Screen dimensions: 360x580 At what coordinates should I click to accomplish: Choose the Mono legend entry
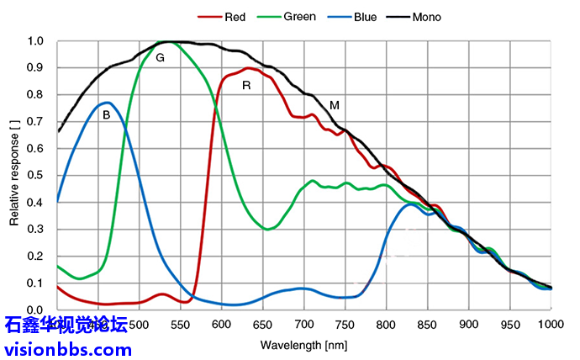tap(426, 16)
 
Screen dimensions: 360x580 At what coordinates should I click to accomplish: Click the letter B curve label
tap(107, 115)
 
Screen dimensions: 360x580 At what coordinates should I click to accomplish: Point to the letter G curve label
tap(160, 57)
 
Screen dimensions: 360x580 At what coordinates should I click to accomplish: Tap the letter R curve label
tap(246, 85)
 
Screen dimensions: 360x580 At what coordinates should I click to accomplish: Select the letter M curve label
tap(335, 105)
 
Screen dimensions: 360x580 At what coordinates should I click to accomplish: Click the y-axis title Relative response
tap(14, 172)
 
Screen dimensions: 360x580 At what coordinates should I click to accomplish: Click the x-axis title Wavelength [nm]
tap(303, 345)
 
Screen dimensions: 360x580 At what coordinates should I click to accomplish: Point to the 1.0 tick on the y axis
tap(35, 41)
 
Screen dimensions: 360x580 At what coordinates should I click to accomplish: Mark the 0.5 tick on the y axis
tap(35, 176)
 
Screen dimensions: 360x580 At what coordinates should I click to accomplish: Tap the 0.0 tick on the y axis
tap(35, 310)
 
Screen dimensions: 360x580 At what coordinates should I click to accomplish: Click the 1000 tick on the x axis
tap(551, 325)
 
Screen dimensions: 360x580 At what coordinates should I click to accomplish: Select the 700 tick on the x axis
tap(303, 325)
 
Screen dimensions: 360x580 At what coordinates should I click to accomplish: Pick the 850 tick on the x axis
tap(428, 325)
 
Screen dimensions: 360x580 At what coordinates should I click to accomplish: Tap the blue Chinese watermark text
tap(66, 325)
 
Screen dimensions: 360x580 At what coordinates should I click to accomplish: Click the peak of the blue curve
tap(108, 103)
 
